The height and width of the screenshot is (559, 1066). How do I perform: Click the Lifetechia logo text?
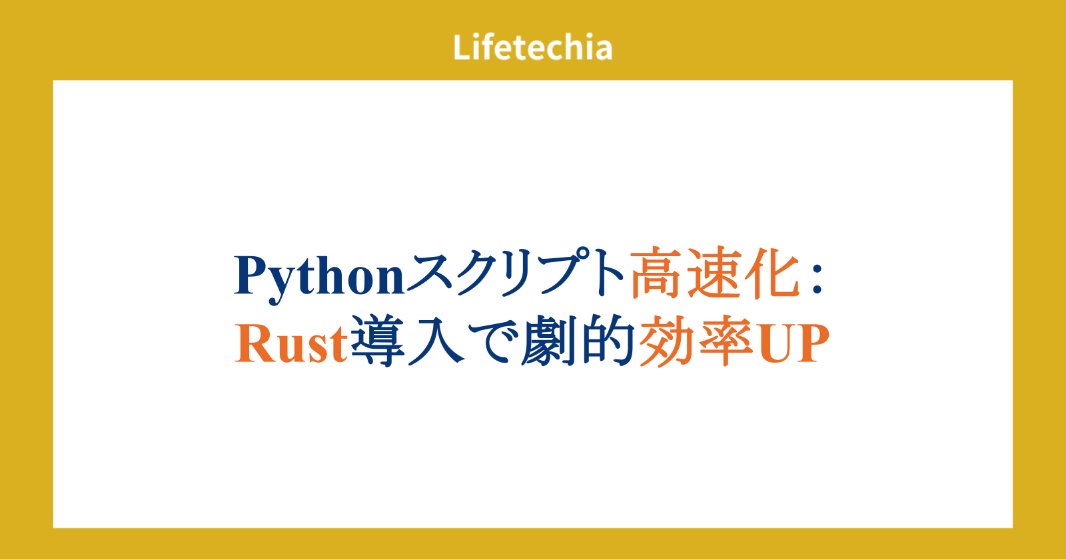(532, 47)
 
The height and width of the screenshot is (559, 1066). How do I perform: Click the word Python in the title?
(319, 278)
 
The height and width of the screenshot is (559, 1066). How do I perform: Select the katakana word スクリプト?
(516, 274)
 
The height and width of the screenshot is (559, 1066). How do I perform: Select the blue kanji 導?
(377, 340)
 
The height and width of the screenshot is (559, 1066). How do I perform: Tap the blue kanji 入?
(436, 340)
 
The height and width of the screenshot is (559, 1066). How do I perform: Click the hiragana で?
(493, 341)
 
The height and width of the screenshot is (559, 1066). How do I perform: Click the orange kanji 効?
(666, 340)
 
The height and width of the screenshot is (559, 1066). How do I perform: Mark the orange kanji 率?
(725, 340)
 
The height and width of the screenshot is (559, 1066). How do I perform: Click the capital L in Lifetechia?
(462, 47)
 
